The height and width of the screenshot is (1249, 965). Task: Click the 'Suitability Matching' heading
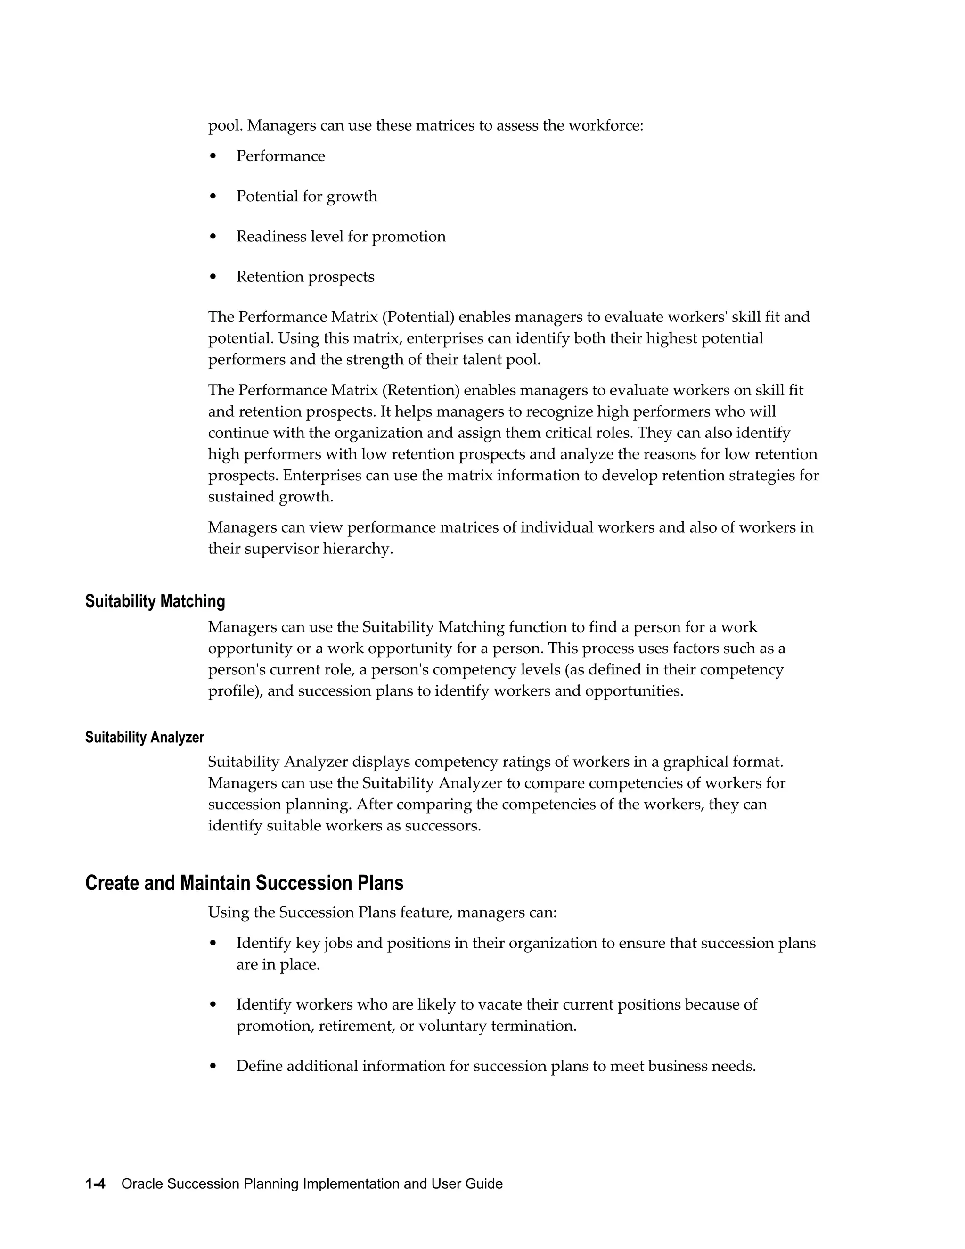click(155, 601)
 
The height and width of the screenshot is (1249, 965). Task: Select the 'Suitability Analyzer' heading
click(145, 737)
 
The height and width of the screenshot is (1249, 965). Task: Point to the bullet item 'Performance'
click(280, 156)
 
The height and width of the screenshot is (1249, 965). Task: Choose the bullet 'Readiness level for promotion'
click(341, 236)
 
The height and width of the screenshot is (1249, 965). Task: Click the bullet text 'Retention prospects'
click(305, 277)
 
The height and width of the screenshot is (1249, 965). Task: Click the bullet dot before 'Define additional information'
click(213, 1066)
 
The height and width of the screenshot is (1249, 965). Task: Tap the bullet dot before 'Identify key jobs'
click(213, 943)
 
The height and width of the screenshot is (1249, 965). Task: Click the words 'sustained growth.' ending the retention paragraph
click(270, 497)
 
